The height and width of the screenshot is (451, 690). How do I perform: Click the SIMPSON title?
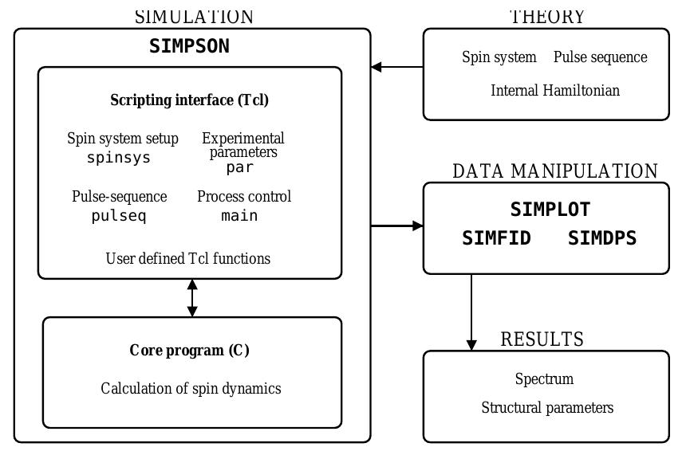tap(189, 46)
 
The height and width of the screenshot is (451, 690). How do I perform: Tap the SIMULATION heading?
tap(194, 17)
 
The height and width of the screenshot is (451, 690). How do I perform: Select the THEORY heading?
tap(547, 17)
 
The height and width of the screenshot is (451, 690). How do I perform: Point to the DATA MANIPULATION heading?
tap(554, 171)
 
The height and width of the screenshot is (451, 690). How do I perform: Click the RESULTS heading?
tap(542, 339)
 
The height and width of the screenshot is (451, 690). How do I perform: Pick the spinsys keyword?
tap(119, 157)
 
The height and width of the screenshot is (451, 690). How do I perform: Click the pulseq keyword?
tap(119, 215)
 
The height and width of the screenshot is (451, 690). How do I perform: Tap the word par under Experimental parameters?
tap(239, 167)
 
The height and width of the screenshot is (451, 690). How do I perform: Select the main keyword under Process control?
tap(239, 215)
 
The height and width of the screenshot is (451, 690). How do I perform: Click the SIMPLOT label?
tap(550, 210)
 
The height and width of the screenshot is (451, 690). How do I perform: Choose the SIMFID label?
tap(496, 238)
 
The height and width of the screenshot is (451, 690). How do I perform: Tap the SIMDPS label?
tap(602, 238)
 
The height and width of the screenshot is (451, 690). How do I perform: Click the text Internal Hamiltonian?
tap(554, 90)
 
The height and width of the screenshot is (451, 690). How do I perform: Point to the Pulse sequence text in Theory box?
tap(600, 57)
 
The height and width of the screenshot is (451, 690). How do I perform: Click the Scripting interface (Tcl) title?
tap(189, 100)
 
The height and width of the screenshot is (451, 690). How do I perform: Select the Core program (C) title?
tap(189, 351)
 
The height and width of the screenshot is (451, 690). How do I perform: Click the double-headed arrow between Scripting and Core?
tap(192, 298)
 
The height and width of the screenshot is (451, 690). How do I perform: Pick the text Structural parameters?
tap(547, 408)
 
